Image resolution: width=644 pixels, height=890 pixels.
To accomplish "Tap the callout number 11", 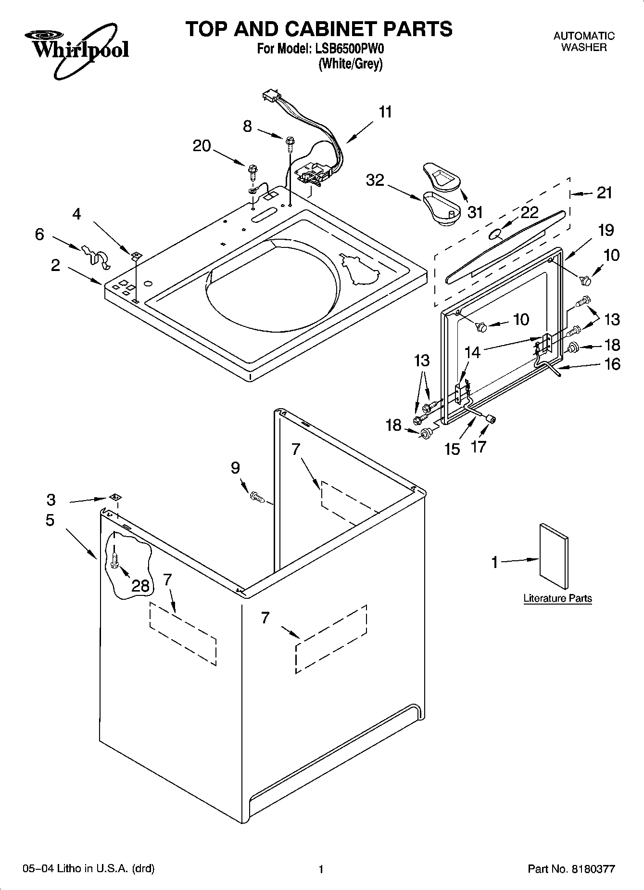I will click(x=385, y=113).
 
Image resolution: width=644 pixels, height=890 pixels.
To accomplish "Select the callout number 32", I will click(x=375, y=180).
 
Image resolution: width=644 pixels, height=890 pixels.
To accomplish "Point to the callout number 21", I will click(x=605, y=193).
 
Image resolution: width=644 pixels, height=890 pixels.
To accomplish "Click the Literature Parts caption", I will click(x=557, y=598).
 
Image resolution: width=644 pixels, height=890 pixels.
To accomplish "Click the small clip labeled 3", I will click(x=114, y=496).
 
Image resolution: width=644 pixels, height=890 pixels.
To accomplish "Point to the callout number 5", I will click(x=50, y=520).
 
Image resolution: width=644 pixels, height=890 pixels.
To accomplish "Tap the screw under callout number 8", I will click(x=290, y=142).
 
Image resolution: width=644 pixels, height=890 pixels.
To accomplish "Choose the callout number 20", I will click(x=202, y=145).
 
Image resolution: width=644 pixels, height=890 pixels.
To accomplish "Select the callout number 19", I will click(x=606, y=230).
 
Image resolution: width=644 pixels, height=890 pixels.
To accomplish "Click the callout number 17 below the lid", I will click(x=479, y=447).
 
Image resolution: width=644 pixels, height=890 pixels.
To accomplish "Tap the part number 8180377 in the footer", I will click(x=592, y=869).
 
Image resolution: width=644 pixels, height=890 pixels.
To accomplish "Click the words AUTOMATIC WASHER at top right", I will click(x=584, y=41).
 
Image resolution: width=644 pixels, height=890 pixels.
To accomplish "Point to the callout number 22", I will click(x=529, y=212).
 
